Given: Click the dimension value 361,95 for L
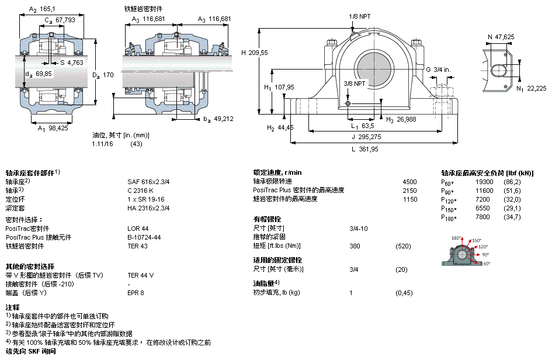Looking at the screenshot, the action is tap(369, 149).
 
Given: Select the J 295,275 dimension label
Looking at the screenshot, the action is tap(366, 137).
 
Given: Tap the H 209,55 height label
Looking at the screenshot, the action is tap(255, 53).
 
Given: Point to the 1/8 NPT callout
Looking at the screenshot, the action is tap(360, 16).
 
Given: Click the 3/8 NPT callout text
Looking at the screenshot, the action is tap(355, 84).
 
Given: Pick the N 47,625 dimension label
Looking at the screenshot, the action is tap(501, 37).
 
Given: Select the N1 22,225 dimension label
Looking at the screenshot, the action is tap(532, 89).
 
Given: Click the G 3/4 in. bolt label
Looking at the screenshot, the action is tap(438, 70).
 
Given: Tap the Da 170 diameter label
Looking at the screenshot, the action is tap(103, 75).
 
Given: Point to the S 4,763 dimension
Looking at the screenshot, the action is tap(72, 63).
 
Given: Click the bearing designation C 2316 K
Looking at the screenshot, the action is tap(140, 191).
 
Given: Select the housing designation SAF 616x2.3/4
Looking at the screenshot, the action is tap(148, 182).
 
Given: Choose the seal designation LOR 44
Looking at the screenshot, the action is tap(138, 229).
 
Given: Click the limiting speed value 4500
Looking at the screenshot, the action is tap(410, 182).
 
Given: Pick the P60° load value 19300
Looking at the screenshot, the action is tap(484, 182).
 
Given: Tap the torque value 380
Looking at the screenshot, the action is tap(355, 246).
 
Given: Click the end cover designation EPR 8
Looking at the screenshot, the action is tap(136, 293).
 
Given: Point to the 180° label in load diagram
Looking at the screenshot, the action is tap(456, 238).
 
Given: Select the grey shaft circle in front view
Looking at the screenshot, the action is tap(374, 69).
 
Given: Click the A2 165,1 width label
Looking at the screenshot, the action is tap(42, 9).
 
